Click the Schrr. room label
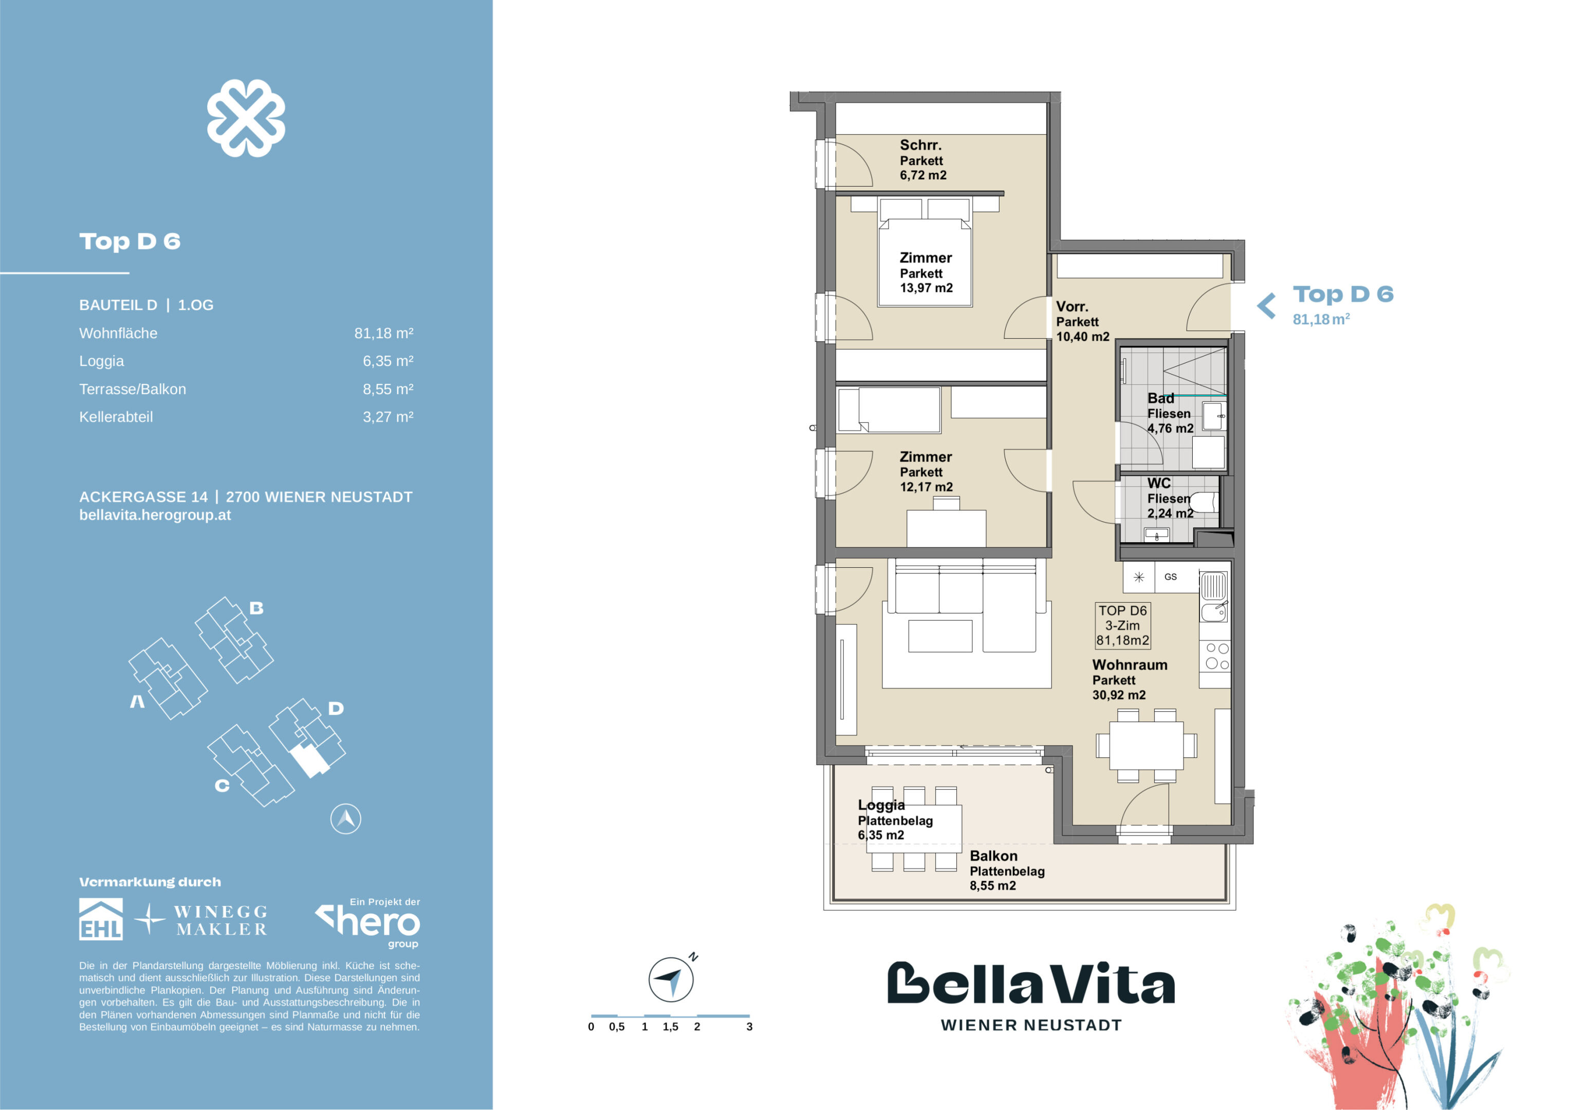[x=920, y=145]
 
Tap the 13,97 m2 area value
[x=926, y=288]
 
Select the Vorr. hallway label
[x=1072, y=306]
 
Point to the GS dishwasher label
[x=1171, y=577]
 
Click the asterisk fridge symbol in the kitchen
[x=1138, y=577]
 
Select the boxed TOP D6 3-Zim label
[x=1123, y=625]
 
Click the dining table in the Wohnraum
[x=1147, y=746]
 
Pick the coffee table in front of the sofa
[x=940, y=636]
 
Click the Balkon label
[x=993, y=856]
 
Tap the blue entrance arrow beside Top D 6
[x=1266, y=306]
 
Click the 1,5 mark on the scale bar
[x=670, y=1027]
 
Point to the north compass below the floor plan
[x=671, y=979]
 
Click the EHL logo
[x=101, y=919]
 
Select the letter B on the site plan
[x=256, y=608]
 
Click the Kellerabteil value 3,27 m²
[x=387, y=417]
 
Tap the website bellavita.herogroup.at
[x=155, y=515]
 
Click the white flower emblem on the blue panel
[x=246, y=118]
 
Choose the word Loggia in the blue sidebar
[x=102, y=361]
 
